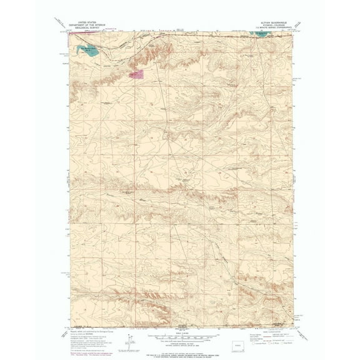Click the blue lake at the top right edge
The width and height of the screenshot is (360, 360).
click(262, 35)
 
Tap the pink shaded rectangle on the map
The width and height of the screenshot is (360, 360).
click(136, 74)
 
